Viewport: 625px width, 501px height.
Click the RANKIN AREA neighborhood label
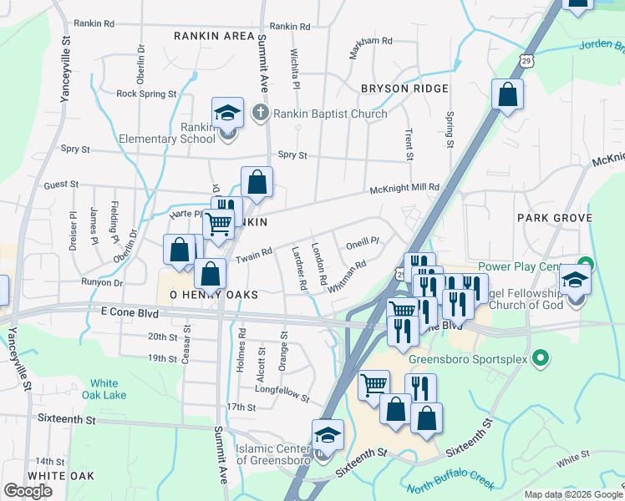[x=214, y=36]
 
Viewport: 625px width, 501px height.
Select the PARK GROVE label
[x=554, y=218]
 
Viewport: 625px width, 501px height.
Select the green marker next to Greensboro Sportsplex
[x=541, y=360]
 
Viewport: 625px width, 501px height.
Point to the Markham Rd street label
[x=370, y=40]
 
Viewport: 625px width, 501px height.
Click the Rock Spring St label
[x=146, y=94]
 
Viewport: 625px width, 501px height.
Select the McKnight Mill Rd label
[x=405, y=189]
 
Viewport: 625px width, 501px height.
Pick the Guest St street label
[x=61, y=185]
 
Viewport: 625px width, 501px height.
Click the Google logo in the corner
[x=28, y=491]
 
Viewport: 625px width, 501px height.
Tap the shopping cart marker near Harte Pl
[x=218, y=223]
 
